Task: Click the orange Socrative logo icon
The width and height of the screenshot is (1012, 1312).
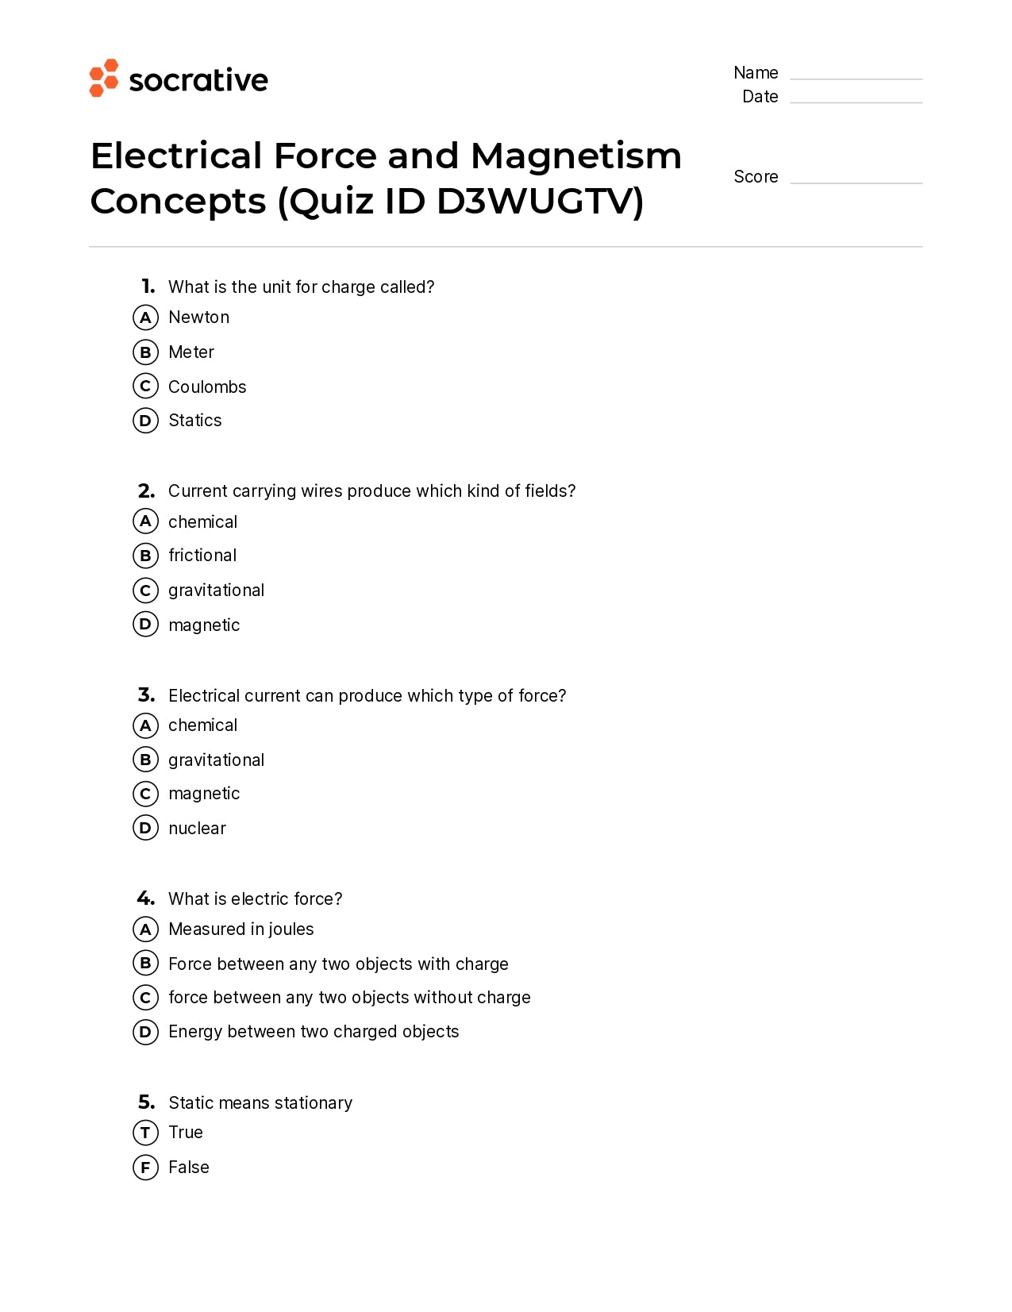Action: [104, 78]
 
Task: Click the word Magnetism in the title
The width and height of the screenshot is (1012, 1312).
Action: [575, 156]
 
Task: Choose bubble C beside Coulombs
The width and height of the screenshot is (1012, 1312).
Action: [145, 387]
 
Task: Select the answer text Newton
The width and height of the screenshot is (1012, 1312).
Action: [198, 317]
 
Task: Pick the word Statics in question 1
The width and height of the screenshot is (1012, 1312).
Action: [194, 421]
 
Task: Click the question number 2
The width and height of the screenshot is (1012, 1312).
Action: [146, 491]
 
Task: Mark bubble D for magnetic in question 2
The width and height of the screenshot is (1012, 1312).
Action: [145, 625]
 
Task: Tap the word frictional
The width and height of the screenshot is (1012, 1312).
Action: [202, 556]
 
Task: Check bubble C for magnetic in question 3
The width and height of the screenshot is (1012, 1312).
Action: [145, 794]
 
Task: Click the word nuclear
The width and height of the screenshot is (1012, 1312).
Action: [197, 829]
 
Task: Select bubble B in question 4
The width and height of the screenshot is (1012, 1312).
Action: [145, 964]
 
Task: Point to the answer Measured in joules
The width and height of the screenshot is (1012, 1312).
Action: [240, 929]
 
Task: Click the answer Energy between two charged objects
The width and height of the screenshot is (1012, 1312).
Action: [314, 1032]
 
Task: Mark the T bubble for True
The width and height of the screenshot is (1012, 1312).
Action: [145, 1133]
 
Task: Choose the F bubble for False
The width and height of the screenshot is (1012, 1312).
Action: [145, 1168]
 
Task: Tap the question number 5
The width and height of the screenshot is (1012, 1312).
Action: [146, 1102]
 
